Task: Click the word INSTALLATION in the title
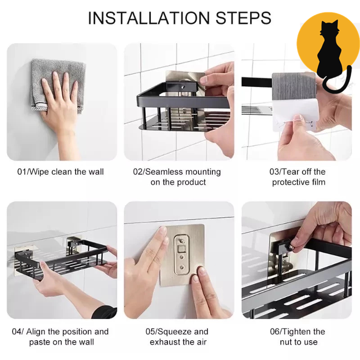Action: point(149,18)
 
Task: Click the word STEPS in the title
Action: point(243,18)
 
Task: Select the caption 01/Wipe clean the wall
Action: point(61,172)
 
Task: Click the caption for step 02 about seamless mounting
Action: point(177,177)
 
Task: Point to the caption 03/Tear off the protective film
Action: point(298,177)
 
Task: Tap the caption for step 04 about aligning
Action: point(60,337)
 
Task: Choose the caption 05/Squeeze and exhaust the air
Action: point(177,337)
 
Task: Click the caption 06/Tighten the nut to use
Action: point(298,337)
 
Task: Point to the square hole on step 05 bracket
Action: point(182,249)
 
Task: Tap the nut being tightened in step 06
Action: point(291,247)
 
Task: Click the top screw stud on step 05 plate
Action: point(182,241)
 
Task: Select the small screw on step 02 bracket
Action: point(183,87)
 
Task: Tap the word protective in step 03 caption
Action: point(289,182)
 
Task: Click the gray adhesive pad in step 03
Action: point(294,86)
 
